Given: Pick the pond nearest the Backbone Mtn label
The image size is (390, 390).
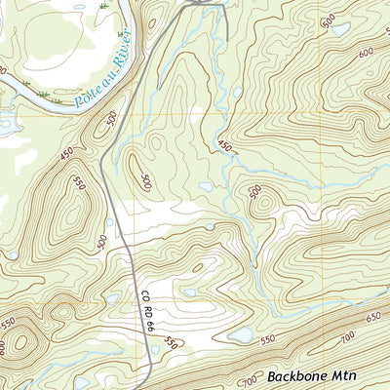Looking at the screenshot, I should coord(240,334).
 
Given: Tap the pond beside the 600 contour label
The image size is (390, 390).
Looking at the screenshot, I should coord(339,29).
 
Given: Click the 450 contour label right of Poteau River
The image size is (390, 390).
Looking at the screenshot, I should coord(226,146).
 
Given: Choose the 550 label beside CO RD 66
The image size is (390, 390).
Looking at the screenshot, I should coord(172,341).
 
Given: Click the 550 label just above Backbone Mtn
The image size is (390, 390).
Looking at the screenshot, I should coord(270,342).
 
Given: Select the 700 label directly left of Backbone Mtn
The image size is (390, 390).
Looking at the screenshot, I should coord(250,379).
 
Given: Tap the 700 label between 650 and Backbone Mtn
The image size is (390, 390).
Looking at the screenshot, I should coord(348,338).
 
